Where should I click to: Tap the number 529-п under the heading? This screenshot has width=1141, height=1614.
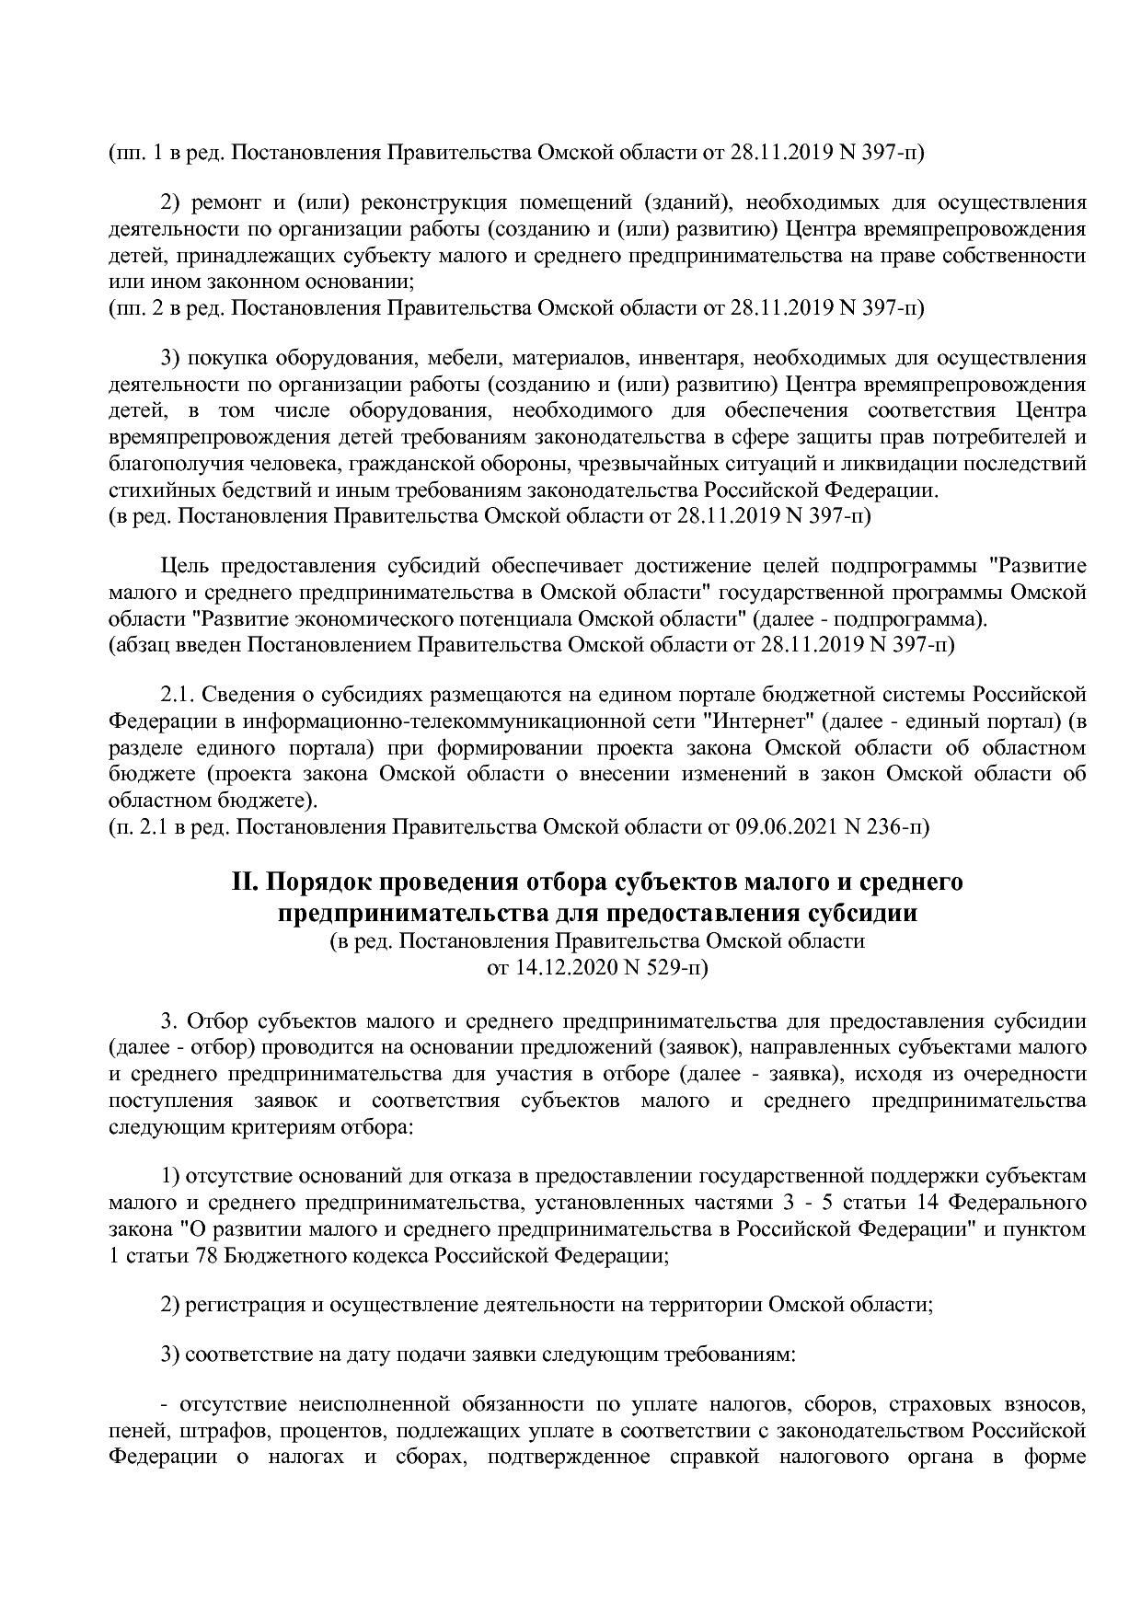click(676, 968)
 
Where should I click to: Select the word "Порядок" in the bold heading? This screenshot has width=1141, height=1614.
click(317, 882)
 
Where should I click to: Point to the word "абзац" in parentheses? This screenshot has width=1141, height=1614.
click(142, 644)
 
